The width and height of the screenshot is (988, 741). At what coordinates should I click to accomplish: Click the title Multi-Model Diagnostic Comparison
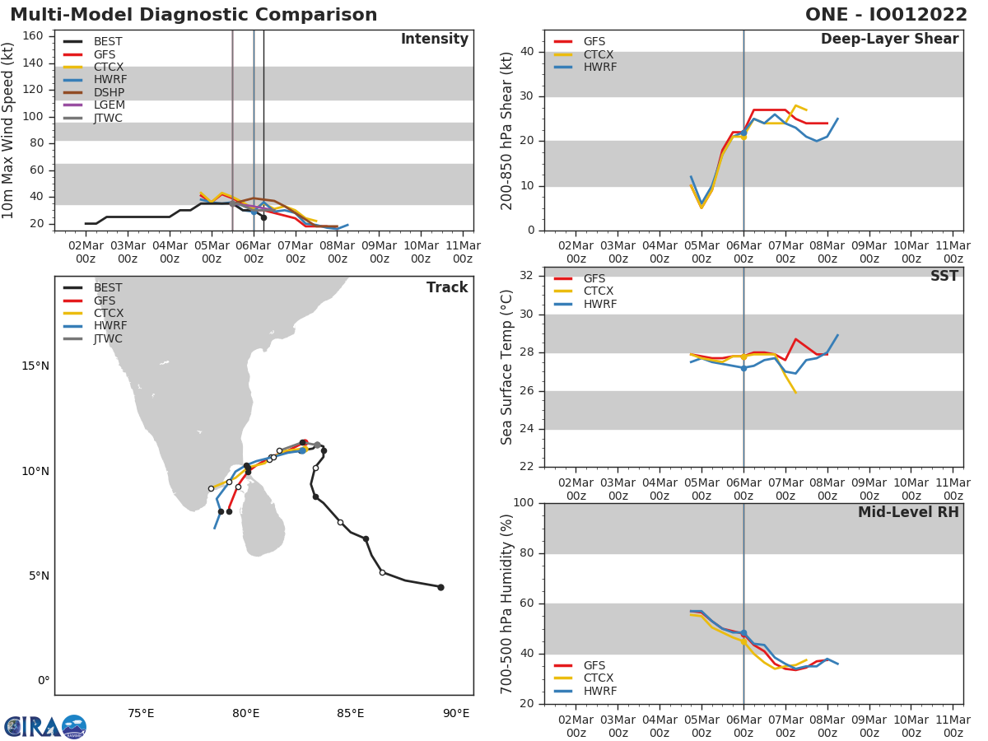click(x=193, y=15)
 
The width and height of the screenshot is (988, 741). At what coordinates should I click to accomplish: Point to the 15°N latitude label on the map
click(x=35, y=366)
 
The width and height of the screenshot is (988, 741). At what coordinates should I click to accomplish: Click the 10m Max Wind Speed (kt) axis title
click(x=9, y=130)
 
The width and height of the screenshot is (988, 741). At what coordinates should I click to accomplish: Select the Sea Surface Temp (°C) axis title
click(x=507, y=367)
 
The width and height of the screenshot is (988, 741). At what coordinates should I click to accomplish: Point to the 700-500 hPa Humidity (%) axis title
click(x=507, y=604)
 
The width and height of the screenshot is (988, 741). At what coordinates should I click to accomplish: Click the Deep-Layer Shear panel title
click(x=889, y=40)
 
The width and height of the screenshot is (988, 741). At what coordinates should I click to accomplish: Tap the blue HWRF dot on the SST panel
click(x=743, y=368)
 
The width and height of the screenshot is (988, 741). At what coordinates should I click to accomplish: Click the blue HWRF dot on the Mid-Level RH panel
click(x=743, y=633)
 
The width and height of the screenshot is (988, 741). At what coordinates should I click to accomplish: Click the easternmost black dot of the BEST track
click(x=440, y=587)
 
